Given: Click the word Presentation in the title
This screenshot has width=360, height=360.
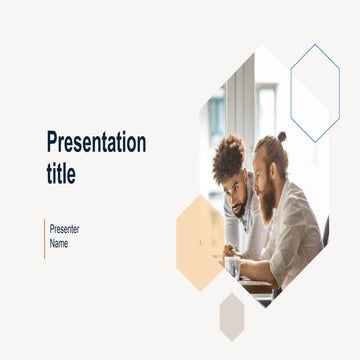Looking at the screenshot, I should pyautogui.click(x=96, y=142).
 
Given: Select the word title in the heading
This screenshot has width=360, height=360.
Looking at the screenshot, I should pyautogui.click(x=61, y=173).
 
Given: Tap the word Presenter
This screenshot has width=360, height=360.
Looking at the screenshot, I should pyautogui.click(x=64, y=229).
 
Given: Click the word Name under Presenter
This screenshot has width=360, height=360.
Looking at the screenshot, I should pyautogui.click(x=59, y=243).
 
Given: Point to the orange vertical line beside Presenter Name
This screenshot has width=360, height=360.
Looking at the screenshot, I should pyautogui.click(x=44, y=237).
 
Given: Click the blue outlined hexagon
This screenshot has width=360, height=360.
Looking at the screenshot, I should pyautogui.click(x=315, y=92).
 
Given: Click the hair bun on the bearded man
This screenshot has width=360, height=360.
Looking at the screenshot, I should pyautogui.click(x=282, y=136).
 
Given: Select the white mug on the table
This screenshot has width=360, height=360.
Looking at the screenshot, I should pyautogui.click(x=232, y=266).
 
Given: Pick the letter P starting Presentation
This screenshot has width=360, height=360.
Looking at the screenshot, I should pyautogui.click(x=52, y=142).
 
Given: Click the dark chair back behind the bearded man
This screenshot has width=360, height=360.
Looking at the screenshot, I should pyautogui.click(x=325, y=232).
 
